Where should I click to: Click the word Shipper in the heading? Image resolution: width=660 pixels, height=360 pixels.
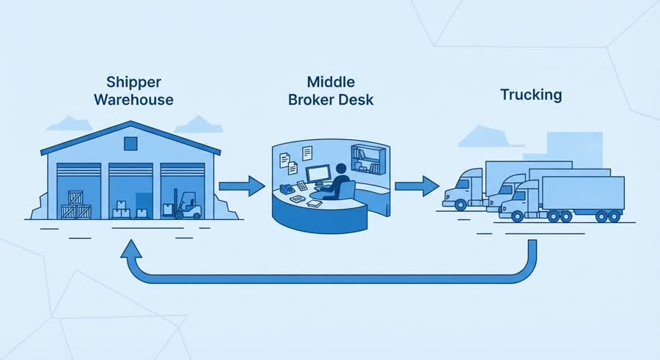(x=133, y=83)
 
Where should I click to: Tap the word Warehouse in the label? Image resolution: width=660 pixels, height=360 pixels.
(x=133, y=100)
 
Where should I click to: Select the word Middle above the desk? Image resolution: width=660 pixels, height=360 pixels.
(x=331, y=81)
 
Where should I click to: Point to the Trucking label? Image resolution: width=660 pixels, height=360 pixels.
(x=531, y=95)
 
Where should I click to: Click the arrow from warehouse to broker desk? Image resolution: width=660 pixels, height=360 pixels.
(x=242, y=186)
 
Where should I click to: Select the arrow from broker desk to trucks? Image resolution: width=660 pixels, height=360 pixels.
(x=417, y=186)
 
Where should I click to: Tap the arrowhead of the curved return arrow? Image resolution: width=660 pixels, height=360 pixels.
(x=131, y=249)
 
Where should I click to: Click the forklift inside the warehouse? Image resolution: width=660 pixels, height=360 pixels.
(x=186, y=205)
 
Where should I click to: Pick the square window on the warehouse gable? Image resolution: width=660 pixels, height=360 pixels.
(x=131, y=144)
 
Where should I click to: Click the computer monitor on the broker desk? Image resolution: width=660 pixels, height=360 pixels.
(x=319, y=175)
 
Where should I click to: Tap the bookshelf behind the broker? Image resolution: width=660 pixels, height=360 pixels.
(x=368, y=159)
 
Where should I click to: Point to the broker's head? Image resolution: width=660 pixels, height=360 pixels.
(x=341, y=169)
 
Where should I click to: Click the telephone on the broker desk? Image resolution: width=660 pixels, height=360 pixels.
(x=287, y=188)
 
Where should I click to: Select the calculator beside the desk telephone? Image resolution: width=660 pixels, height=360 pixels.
(x=302, y=185)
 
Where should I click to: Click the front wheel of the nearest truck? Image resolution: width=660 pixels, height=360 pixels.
(x=517, y=216)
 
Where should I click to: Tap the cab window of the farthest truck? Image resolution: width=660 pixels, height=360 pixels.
(x=464, y=185)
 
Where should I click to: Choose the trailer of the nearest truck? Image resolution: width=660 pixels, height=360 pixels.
(x=583, y=193)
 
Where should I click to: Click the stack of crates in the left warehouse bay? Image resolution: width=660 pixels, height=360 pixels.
(x=76, y=205)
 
